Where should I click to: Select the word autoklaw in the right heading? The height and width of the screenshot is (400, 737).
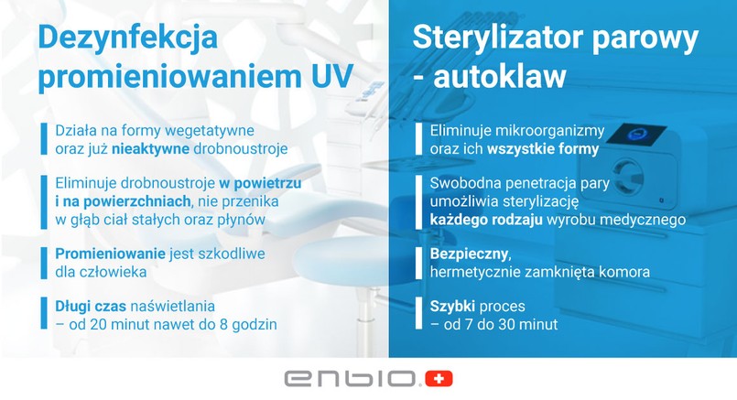pyautogui.click(x=500, y=76)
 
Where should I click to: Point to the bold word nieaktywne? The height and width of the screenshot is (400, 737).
pyautogui.click(x=150, y=149)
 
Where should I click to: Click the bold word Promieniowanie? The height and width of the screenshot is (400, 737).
pyautogui.click(x=111, y=254)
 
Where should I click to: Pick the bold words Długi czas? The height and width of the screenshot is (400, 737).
pyautogui.click(x=91, y=307)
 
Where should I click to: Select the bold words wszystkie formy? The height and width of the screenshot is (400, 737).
pyautogui.click(x=543, y=149)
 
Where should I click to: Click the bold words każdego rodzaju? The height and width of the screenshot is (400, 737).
pyautogui.click(x=486, y=220)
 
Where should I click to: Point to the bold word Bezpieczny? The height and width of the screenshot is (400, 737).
pyautogui.click(x=469, y=254)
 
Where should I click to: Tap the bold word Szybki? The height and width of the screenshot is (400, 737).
pyautogui.click(x=452, y=307)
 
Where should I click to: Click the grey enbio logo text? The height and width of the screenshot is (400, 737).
pyautogui.click(x=351, y=379)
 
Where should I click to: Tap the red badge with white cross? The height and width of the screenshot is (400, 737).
pyautogui.click(x=439, y=379)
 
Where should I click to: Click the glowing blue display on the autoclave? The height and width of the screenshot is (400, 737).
pyautogui.click(x=636, y=135)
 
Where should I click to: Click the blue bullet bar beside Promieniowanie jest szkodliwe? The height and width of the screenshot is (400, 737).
pyautogui.click(x=44, y=264)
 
